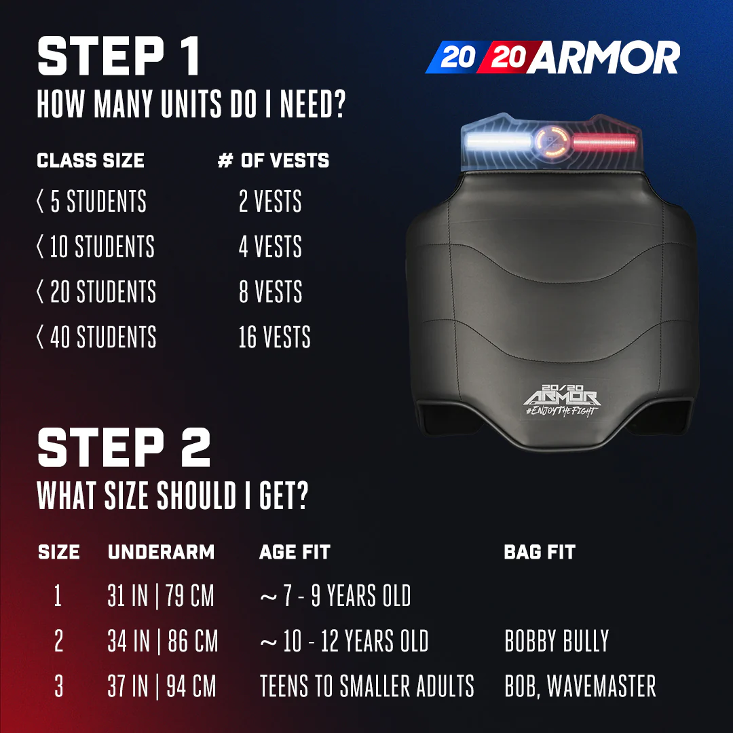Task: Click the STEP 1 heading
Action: coord(119,56)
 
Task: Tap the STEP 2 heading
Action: coord(124,447)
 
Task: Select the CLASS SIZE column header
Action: coord(90,160)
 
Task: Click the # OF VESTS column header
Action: coord(274,160)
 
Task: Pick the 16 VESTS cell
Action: coord(274,337)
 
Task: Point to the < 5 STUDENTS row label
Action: coord(92,201)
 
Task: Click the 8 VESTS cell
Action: coord(271,291)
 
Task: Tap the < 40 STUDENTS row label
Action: coord(96,337)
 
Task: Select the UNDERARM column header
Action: coord(162,552)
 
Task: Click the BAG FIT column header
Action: coord(540,552)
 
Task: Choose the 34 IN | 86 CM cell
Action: coord(163,641)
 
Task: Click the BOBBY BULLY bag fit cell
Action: coord(557,641)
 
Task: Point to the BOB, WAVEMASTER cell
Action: coord(580,686)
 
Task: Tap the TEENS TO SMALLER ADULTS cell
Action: coord(367,686)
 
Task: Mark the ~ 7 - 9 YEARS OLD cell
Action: coord(335,596)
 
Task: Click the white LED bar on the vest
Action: coord(498,142)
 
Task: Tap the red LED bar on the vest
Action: coord(605,142)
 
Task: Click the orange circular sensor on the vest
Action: coord(552,140)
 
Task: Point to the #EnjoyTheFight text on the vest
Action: coord(561,411)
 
